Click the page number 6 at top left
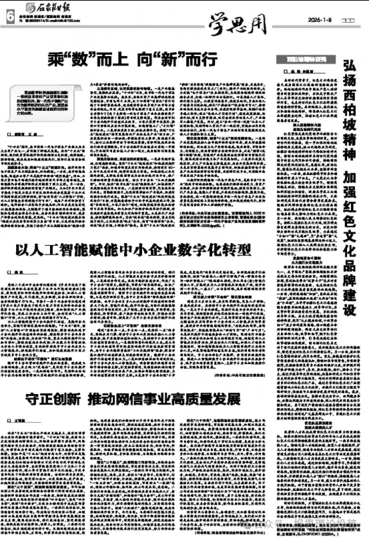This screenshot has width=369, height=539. coord(9,15)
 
